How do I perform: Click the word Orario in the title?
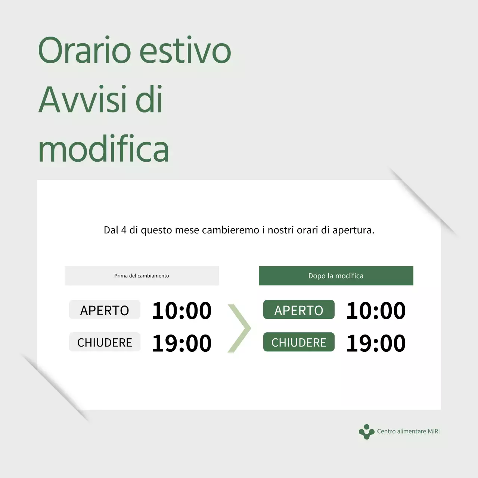84,50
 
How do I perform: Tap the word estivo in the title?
185,50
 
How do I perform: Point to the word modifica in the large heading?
103,149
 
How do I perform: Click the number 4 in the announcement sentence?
124,230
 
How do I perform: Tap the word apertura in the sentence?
353,230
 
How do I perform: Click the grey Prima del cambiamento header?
142,276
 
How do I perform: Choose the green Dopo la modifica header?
336,276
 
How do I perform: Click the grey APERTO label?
105,310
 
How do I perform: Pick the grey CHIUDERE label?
105,342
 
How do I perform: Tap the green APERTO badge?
299,310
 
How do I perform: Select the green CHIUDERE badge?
299,342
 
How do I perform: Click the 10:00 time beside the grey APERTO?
182,310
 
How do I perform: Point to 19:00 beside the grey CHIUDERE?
182,343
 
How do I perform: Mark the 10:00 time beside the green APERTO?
376,310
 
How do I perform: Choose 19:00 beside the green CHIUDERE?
376,343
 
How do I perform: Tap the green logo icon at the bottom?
366,432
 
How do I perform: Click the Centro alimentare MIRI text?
408,431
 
